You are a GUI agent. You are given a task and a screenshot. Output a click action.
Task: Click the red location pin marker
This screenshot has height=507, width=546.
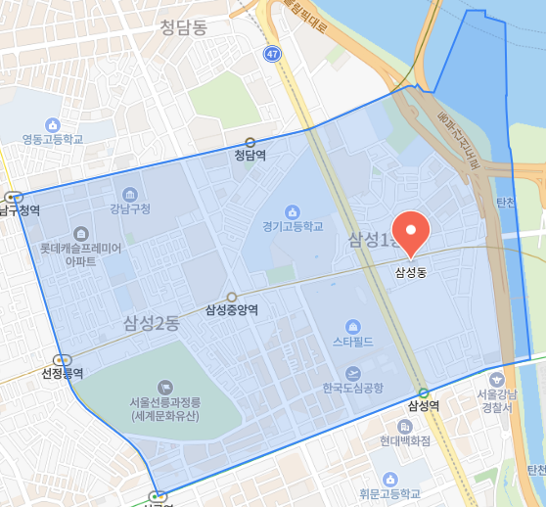coord(411,232)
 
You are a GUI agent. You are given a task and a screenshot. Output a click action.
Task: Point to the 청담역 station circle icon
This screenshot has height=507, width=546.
coord(250,141)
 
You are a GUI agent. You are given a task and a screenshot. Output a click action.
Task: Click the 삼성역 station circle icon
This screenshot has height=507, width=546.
coord(423,392)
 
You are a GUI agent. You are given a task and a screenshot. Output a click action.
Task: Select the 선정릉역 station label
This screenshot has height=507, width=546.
coord(63,373)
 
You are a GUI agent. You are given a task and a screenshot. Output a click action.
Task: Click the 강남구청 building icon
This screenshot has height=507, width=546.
coord(130,194)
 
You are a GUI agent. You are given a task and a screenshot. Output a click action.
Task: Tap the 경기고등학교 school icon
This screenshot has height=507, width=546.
coord(291,211)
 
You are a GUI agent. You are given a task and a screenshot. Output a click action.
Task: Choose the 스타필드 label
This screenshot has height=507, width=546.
coord(353,343)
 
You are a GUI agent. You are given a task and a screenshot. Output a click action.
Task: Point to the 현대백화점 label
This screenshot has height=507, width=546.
coord(406,440)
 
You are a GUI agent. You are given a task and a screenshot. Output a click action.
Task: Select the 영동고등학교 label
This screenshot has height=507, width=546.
coord(60,139)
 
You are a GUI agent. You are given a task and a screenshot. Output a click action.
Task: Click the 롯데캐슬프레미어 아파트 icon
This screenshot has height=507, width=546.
coord(80,233)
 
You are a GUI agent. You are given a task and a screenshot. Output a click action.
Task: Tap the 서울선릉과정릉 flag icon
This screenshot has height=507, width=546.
coord(163,388)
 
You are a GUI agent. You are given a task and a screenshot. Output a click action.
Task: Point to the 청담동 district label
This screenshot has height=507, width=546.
coord(184,30)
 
